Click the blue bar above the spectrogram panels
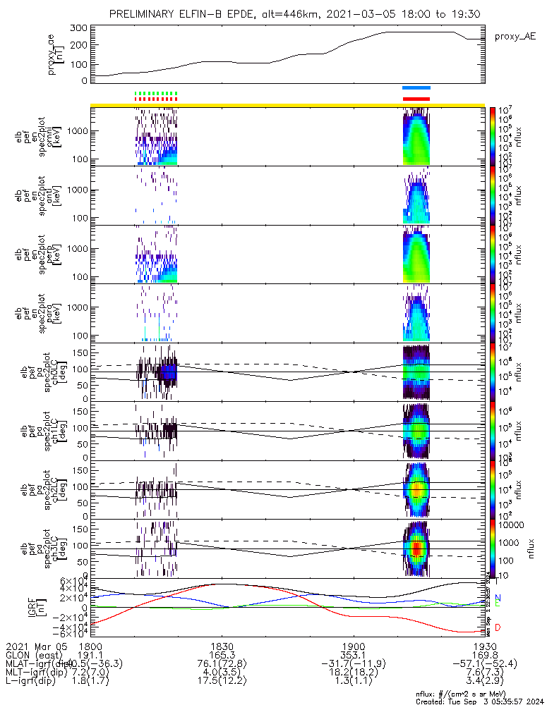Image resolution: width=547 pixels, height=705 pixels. coord(416,88)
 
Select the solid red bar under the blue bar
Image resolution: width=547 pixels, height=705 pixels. coord(416,99)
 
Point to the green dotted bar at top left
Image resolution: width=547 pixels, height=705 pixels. coord(156,93)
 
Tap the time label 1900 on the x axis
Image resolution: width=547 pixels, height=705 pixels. coord(353,646)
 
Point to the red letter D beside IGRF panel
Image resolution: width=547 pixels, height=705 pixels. coord(499,627)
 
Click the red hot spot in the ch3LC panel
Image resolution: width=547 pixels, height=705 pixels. coord(416,548)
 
